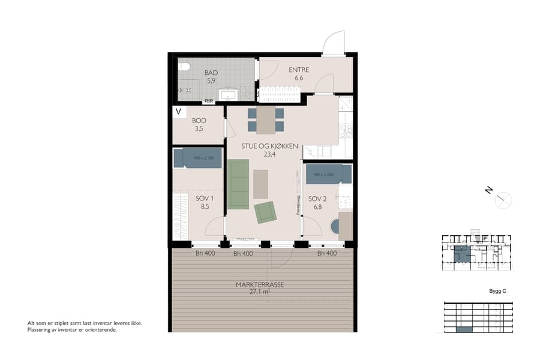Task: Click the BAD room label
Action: click(x=211, y=73)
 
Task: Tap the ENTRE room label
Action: click(x=298, y=70)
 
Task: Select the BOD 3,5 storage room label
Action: click(x=199, y=121)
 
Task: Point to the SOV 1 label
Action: click(x=205, y=199)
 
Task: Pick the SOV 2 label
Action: click(x=317, y=199)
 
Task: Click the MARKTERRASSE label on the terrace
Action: click(x=260, y=285)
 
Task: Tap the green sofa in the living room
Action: click(x=238, y=184)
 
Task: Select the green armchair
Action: click(x=265, y=212)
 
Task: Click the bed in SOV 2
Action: click(x=328, y=175)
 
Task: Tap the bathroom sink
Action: click(x=229, y=95)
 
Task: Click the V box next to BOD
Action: click(x=178, y=112)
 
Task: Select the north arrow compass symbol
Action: click(x=503, y=199)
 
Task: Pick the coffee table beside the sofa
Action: click(x=260, y=184)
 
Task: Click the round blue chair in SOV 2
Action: click(x=335, y=227)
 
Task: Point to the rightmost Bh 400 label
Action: click(x=327, y=253)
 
